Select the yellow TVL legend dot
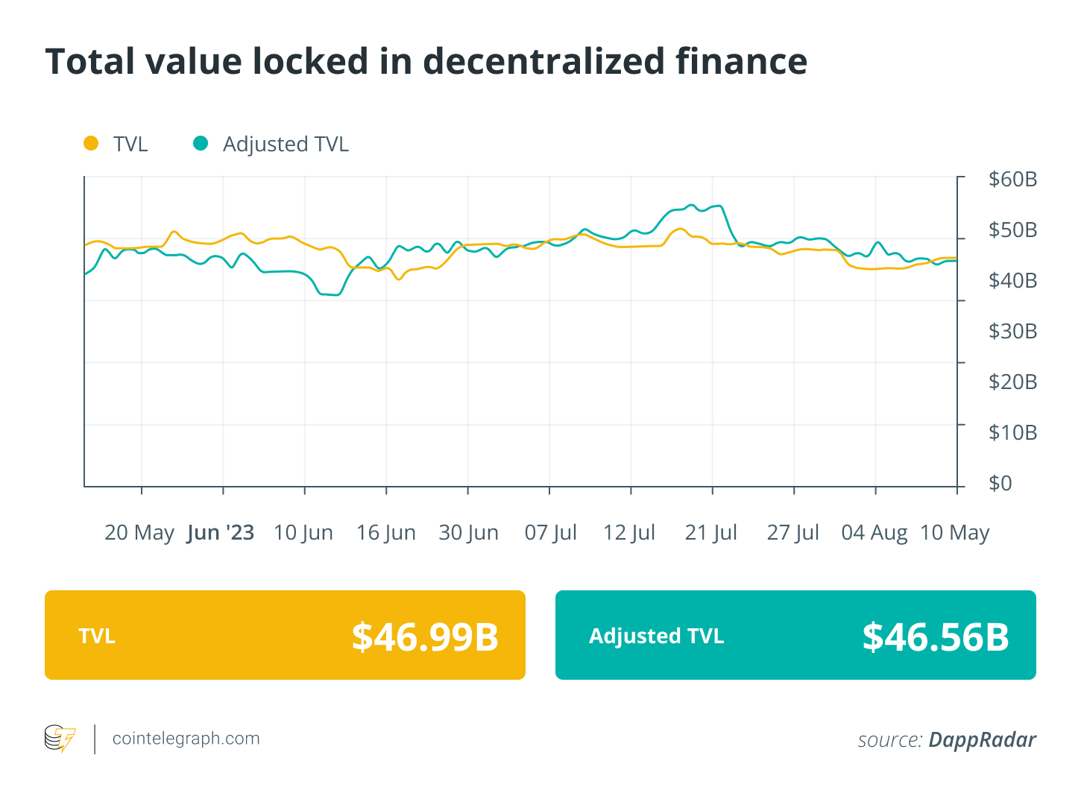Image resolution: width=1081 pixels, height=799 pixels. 91,143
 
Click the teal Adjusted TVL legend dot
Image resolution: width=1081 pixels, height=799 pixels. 201,143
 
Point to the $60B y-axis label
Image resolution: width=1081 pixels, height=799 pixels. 1012,180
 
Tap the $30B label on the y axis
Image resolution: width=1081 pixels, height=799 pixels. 1012,331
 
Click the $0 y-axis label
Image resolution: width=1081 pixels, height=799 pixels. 1000,483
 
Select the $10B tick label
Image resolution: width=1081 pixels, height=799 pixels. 1012,432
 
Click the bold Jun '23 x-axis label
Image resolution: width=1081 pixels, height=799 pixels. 221,533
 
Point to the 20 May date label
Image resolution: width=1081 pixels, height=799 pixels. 139,533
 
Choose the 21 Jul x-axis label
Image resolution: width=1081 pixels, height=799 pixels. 710,533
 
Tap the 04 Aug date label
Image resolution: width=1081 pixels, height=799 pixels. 874,533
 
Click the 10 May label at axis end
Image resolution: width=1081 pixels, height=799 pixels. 954,533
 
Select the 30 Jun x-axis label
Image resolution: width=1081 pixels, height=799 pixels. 468,533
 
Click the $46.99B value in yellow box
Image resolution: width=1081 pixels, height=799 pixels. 425,637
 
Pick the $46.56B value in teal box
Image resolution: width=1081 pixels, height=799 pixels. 935,637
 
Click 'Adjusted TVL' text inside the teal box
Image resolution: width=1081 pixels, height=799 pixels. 656,637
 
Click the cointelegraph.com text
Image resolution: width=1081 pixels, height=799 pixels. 186,739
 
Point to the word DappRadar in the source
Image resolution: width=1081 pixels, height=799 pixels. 982,739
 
